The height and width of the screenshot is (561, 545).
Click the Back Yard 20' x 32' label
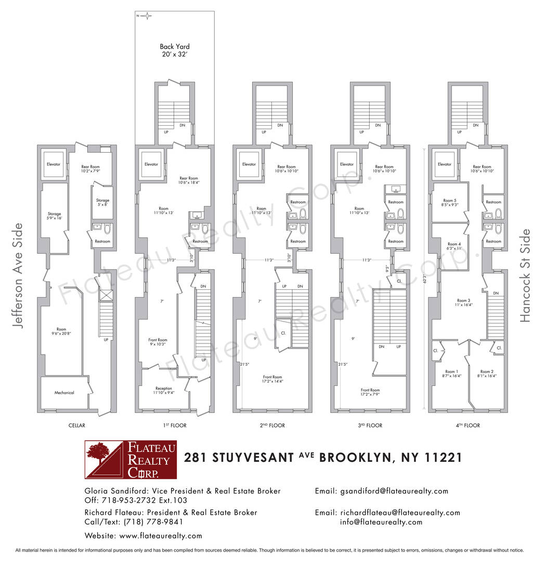tap(174, 50)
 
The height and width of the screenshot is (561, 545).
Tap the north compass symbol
tap(147, 16)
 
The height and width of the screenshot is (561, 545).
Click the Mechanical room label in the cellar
tap(64, 393)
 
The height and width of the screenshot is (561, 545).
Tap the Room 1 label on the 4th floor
tap(450, 374)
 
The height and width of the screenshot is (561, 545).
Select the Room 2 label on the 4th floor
tap(486, 374)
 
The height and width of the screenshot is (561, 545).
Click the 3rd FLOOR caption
tap(370, 425)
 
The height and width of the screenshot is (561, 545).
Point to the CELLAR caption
tap(76, 425)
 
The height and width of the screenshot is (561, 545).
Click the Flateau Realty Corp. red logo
tap(131, 459)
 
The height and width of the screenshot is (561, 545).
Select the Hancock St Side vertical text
tap(526, 275)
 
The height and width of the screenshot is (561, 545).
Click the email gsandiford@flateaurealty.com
tap(394, 491)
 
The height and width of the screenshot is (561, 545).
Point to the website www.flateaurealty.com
tap(160, 536)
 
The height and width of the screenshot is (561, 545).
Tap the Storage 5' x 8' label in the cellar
tap(102, 203)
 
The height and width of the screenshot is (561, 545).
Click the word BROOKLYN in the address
tap(355, 458)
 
